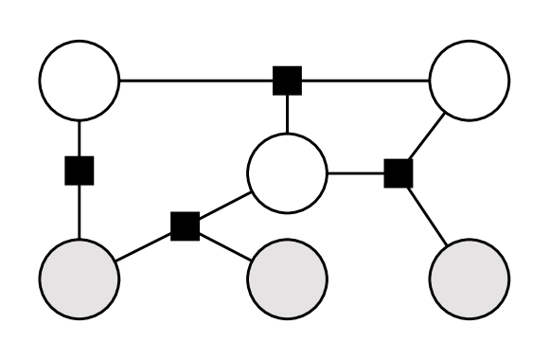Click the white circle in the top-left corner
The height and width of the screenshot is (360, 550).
[80, 80]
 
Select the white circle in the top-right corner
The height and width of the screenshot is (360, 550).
[470, 80]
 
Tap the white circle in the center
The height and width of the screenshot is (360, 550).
[287, 173]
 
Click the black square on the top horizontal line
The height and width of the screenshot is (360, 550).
[287, 80]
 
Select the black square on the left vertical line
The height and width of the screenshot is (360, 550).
[80, 171]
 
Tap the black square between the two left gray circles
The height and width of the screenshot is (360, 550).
[185, 225]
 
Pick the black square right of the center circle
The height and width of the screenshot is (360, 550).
[399, 173]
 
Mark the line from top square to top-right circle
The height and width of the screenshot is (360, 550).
[364, 80]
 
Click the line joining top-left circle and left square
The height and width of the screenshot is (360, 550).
[80, 137]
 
